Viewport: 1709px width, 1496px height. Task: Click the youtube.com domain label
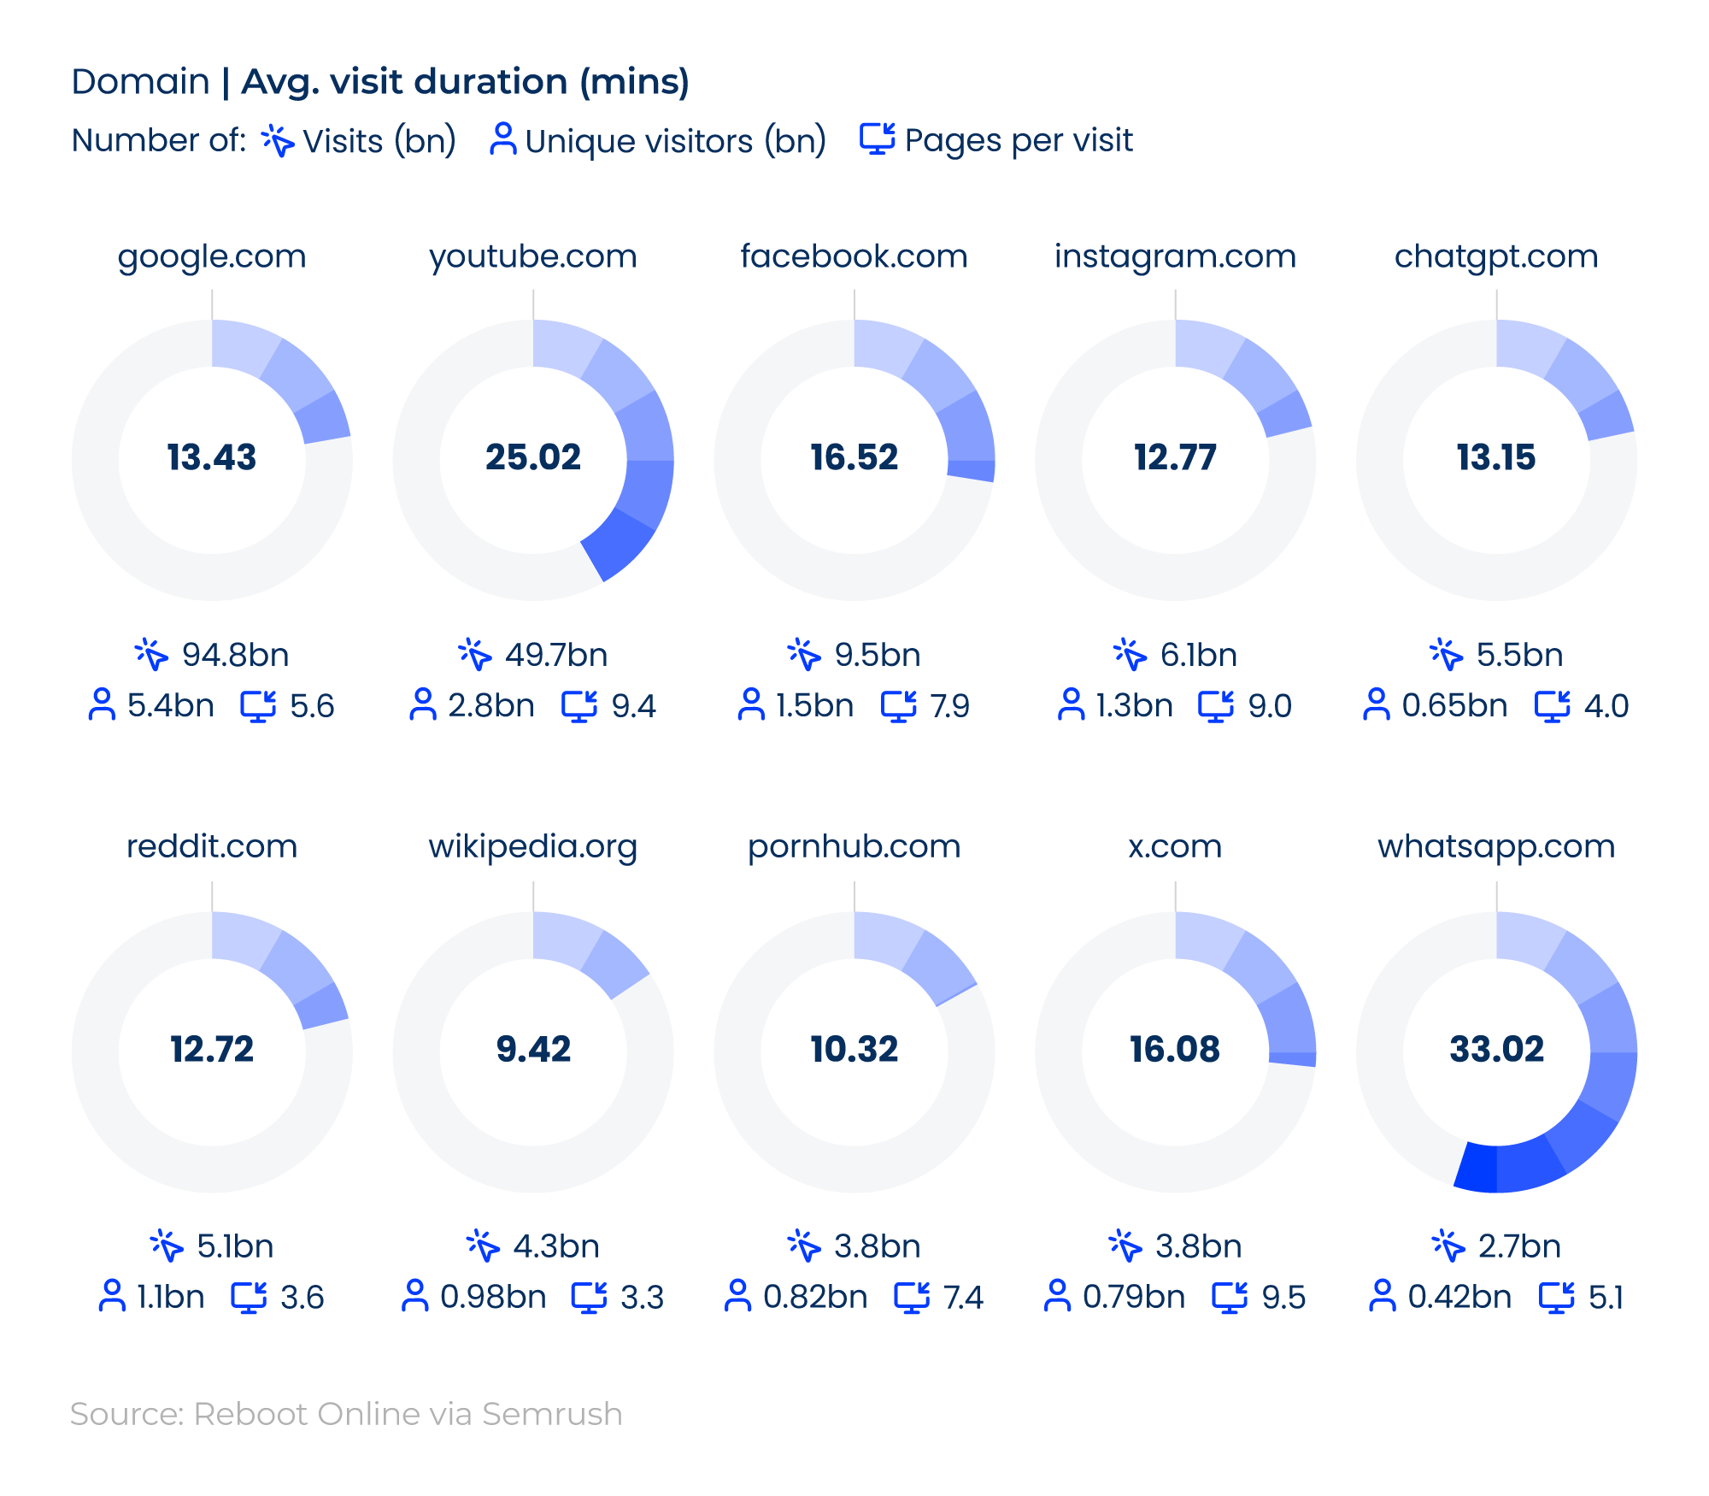[x=532, y=256]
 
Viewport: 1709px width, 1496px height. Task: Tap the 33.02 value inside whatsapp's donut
[x=1496, y=1049]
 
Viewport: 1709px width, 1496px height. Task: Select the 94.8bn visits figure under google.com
[x=235, y=655]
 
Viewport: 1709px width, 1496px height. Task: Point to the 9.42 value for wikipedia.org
[x=533, y=1049]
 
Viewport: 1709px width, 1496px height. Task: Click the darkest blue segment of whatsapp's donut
[x=1477, y=1167]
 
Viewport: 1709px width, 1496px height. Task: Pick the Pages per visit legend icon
[x=878, y=139]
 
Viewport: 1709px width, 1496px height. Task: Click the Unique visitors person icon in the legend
[x=502, y=139]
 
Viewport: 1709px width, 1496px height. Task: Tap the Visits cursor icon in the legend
[x=278, y=140]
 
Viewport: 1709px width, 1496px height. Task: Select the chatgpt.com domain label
[x=1496, y=256]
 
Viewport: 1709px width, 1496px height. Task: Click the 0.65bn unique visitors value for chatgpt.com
[x=1454, y=706]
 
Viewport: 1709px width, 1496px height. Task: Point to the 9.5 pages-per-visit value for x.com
[x=1283, y=1298]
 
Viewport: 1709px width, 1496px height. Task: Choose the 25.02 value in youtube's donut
[x=533, y=457]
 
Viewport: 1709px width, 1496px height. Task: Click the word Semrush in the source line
[x=552, y=1414]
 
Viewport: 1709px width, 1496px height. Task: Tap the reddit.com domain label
[x=212, y=846]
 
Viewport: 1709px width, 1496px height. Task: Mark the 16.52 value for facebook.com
[x=854, y=457]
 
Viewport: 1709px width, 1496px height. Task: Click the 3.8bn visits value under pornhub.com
[x=878, y=1246]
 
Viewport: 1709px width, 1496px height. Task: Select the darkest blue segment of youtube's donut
[x=620, y=545]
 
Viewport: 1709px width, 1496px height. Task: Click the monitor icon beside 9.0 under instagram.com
[x=1215, y=706]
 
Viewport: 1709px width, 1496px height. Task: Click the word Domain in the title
[x=141, y=82]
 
